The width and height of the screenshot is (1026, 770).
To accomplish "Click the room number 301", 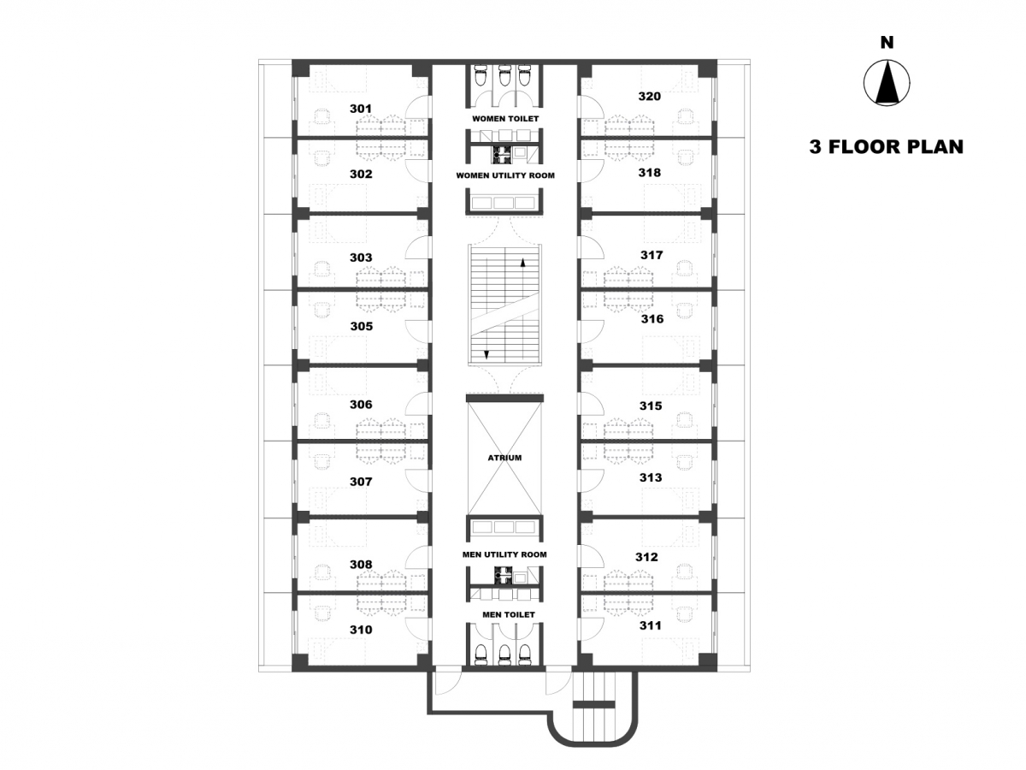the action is pos(361,109).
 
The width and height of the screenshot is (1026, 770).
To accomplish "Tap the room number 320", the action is pos(650,97).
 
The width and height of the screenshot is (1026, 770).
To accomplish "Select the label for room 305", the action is pos(362,326).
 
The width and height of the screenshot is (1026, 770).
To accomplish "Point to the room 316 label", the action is pos(652,319).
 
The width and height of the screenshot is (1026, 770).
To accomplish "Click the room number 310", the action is pos(362,630).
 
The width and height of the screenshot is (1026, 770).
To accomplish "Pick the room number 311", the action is pos(651,625).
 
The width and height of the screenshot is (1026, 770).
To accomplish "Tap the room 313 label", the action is pos(651,477).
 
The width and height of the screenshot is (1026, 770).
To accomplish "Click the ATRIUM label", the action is pos(504,458).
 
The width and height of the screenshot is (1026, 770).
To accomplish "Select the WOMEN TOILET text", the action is pos(505,119).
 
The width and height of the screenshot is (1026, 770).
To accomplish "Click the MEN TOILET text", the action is pos(509,615).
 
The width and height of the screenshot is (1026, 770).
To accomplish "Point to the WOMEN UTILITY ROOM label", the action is pos(505,175).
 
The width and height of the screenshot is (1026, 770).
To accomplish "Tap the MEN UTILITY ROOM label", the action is pos(504,554).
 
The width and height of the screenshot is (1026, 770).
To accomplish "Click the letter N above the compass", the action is pos(887,43).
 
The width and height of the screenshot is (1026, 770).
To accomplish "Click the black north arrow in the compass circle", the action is pos(887,86).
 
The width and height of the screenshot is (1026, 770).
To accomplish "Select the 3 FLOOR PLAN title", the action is pos(887,147).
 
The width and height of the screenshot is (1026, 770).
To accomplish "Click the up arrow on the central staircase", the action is pos(523,263).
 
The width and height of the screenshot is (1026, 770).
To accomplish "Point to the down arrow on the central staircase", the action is pos(486,355).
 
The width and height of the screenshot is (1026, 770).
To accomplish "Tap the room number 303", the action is pos(361,258).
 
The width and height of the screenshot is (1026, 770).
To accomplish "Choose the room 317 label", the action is pos(652,255).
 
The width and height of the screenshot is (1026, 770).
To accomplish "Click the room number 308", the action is pos(361,565).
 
